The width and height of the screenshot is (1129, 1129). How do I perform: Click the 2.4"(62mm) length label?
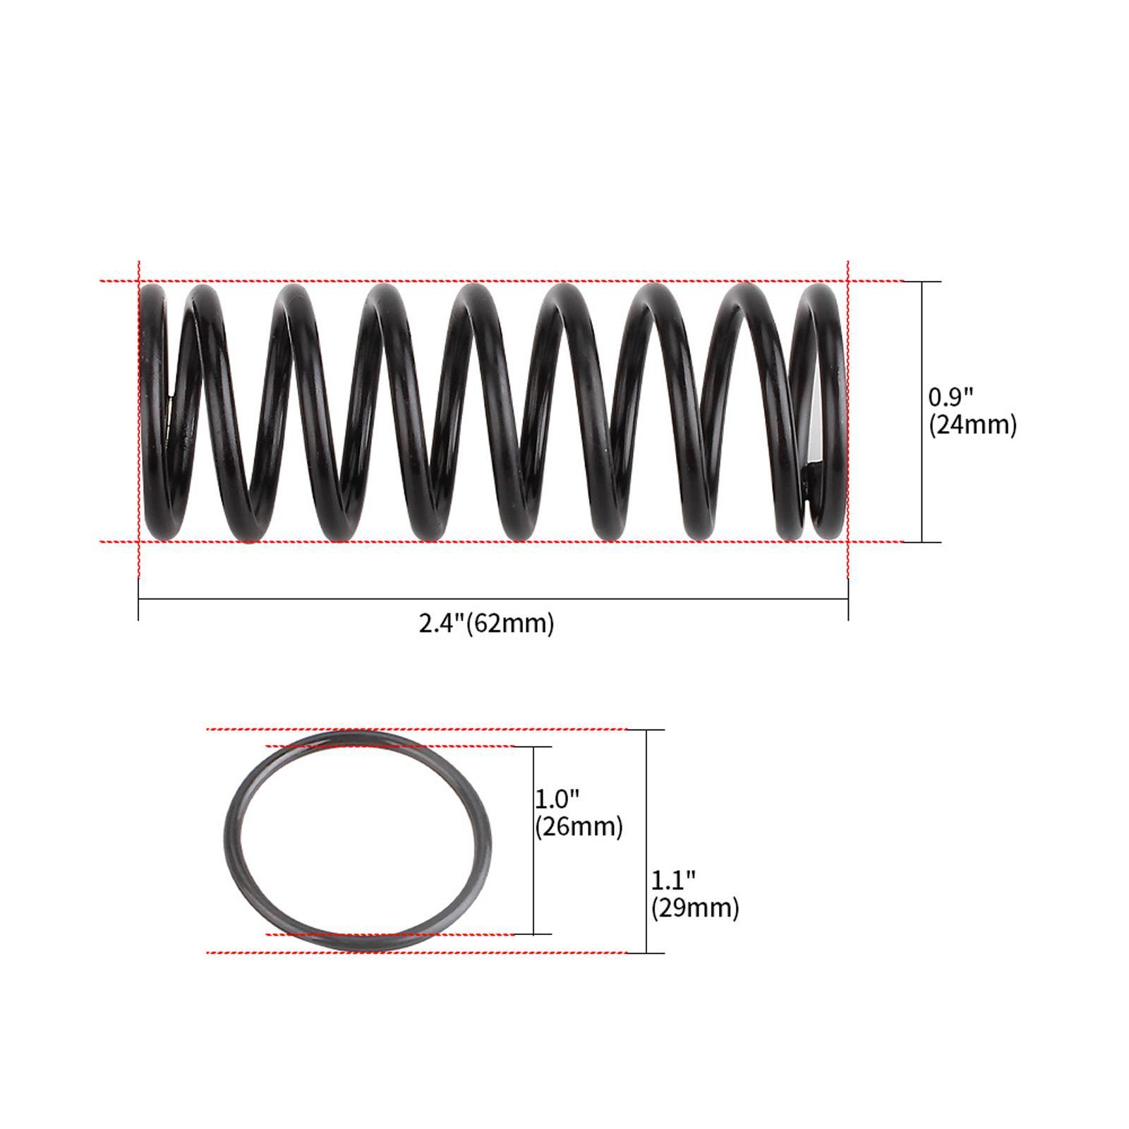[x=486, y=624]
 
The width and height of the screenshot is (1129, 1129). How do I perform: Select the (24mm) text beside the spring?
[x=972, y=425]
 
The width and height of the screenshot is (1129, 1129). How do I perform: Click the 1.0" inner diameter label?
[x=557, y=799]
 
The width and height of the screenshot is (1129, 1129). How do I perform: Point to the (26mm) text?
[x=579, y=826]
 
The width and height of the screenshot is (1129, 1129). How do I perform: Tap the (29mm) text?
[x=695, y=907]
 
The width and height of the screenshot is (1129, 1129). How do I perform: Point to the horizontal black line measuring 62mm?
[x=353, y=599]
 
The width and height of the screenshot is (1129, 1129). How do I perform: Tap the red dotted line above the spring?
[x=494, y=282]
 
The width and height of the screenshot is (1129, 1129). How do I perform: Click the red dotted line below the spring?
[x=494, y=542]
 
